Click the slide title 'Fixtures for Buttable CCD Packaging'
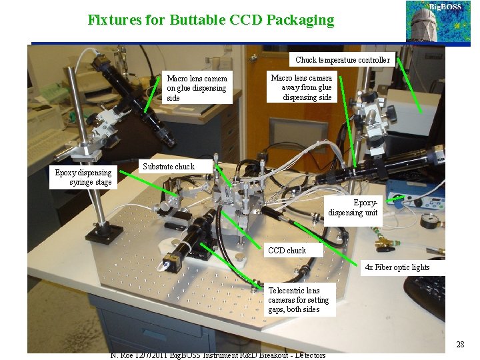(211, 20)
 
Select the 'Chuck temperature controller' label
(343, 60)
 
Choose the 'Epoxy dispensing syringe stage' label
(83, 177)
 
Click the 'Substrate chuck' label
(168, 166)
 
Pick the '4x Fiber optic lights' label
(397, 267)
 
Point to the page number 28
(460, 345)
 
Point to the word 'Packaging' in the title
(299, 20)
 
